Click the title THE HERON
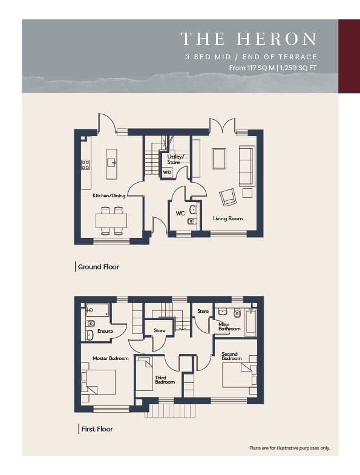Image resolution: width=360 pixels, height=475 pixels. (249, 39)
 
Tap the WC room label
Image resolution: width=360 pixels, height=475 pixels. (180, 213)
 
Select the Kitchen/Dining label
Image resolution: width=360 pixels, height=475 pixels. (109, 195)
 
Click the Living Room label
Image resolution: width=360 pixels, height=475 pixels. (227, 218)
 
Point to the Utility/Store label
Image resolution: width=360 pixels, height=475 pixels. (175, 159)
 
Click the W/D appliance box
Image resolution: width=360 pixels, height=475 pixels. (167, 172)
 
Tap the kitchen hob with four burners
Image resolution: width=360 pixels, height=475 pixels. (85, 165)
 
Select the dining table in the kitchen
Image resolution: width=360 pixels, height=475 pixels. (111, 221)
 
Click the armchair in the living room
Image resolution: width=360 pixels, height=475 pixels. (227, 197)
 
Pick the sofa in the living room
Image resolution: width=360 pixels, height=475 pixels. (247, 166)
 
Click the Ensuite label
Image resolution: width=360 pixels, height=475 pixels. (105, 331)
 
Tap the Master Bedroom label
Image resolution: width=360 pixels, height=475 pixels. (111, 358)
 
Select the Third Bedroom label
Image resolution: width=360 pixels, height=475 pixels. (165, 380)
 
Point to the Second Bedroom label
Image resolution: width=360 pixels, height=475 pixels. (232, 356)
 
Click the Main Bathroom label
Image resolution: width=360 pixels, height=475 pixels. (229, 327)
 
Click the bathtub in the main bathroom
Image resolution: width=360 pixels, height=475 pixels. (251, 323)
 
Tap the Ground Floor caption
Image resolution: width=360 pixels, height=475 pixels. (99, 267)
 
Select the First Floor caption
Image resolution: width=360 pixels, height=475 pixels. (97, 429)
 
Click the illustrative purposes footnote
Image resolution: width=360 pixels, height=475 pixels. (290, 448)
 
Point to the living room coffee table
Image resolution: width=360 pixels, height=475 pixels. (219, 159)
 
